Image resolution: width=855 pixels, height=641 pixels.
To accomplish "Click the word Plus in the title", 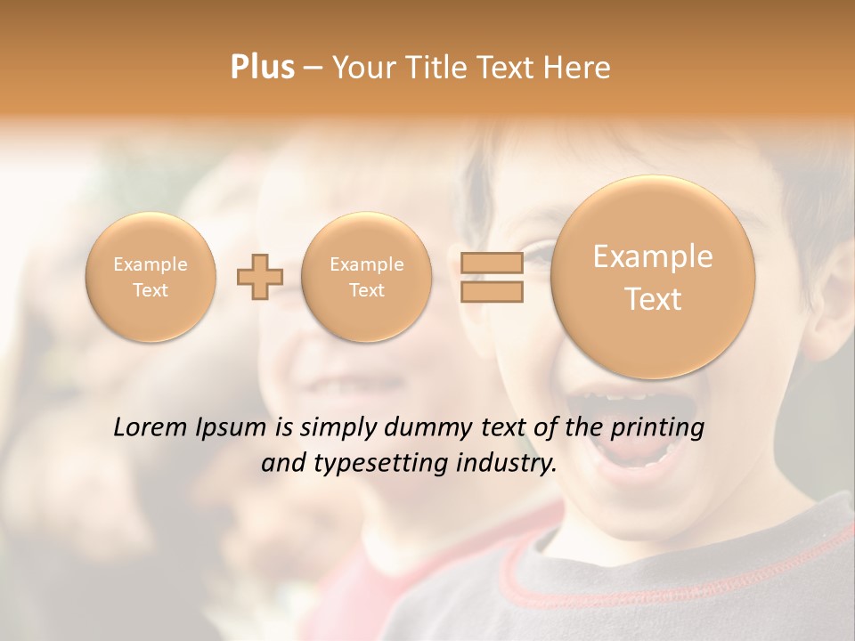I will click(263, 68).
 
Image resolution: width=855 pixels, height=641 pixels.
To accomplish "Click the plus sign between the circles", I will click(259, 278).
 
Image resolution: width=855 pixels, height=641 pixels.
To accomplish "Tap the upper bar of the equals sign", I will click(491, 263).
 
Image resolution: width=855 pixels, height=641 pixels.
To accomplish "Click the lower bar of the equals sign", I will click(491, 292).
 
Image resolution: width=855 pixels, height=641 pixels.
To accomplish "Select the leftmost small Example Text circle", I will click(151, 277).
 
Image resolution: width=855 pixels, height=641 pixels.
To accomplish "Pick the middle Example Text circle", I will click(366, 277).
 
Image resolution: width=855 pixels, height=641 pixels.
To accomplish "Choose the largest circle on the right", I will click(653, 277).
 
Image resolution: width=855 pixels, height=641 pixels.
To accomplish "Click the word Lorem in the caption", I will click(151, 427).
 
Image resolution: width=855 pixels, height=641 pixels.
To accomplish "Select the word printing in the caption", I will click(659, 428).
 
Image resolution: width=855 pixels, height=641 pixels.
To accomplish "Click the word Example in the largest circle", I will click(653, 256).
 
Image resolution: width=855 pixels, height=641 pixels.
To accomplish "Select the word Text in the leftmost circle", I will click(151, 290).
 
